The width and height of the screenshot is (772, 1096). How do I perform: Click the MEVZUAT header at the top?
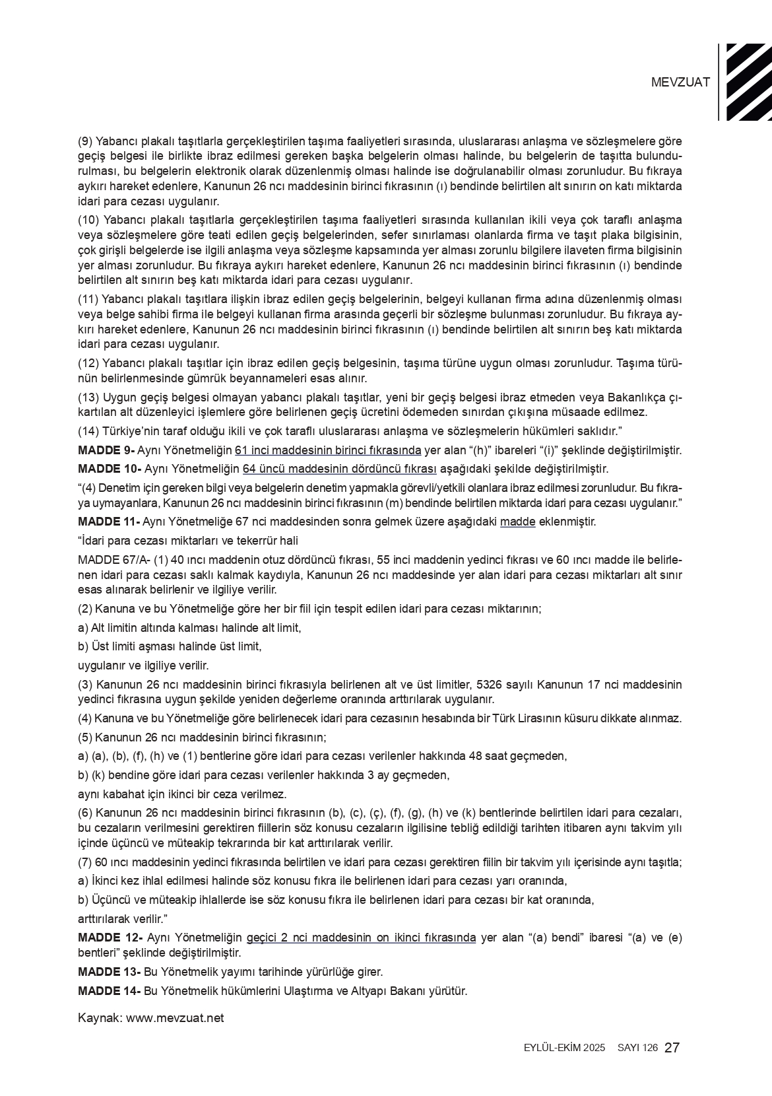coord(680,83)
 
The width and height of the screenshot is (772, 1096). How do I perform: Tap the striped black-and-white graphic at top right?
coord(748,82)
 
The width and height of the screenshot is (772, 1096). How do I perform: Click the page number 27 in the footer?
coord(672,1047)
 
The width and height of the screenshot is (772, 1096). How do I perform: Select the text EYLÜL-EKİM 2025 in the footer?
coord(564,1048)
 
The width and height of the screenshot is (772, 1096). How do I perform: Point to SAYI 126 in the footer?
coord(637,1048)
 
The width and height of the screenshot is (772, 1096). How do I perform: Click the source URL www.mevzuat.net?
coord(175,1017)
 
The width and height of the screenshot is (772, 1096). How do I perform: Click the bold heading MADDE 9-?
coord(106,450)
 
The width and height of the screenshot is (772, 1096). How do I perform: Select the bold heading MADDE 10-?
coord(110,469)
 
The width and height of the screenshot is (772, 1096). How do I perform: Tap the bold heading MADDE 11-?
coord(109,522)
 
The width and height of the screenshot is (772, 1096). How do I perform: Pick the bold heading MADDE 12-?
coord(110,938)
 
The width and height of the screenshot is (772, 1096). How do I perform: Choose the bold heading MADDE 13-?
coord(109,972)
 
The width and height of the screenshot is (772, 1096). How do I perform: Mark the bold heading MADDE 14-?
coord(109,991)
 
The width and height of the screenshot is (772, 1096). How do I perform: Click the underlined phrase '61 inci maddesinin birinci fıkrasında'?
coord(328,450)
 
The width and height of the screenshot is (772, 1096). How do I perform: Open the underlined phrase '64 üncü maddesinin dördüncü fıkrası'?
coord(340,469)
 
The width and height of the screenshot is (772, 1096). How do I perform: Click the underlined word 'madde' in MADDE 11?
coord(517,522)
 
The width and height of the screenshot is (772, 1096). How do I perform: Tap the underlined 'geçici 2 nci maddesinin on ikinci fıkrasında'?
coord(361,938)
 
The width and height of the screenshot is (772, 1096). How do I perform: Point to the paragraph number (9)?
coord(85,141)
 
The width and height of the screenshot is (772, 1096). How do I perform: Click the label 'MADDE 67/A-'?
coord(114,560)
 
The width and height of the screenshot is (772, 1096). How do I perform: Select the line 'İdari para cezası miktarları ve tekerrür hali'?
coord(188,541)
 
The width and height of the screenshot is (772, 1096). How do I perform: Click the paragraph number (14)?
coord(88,431)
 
